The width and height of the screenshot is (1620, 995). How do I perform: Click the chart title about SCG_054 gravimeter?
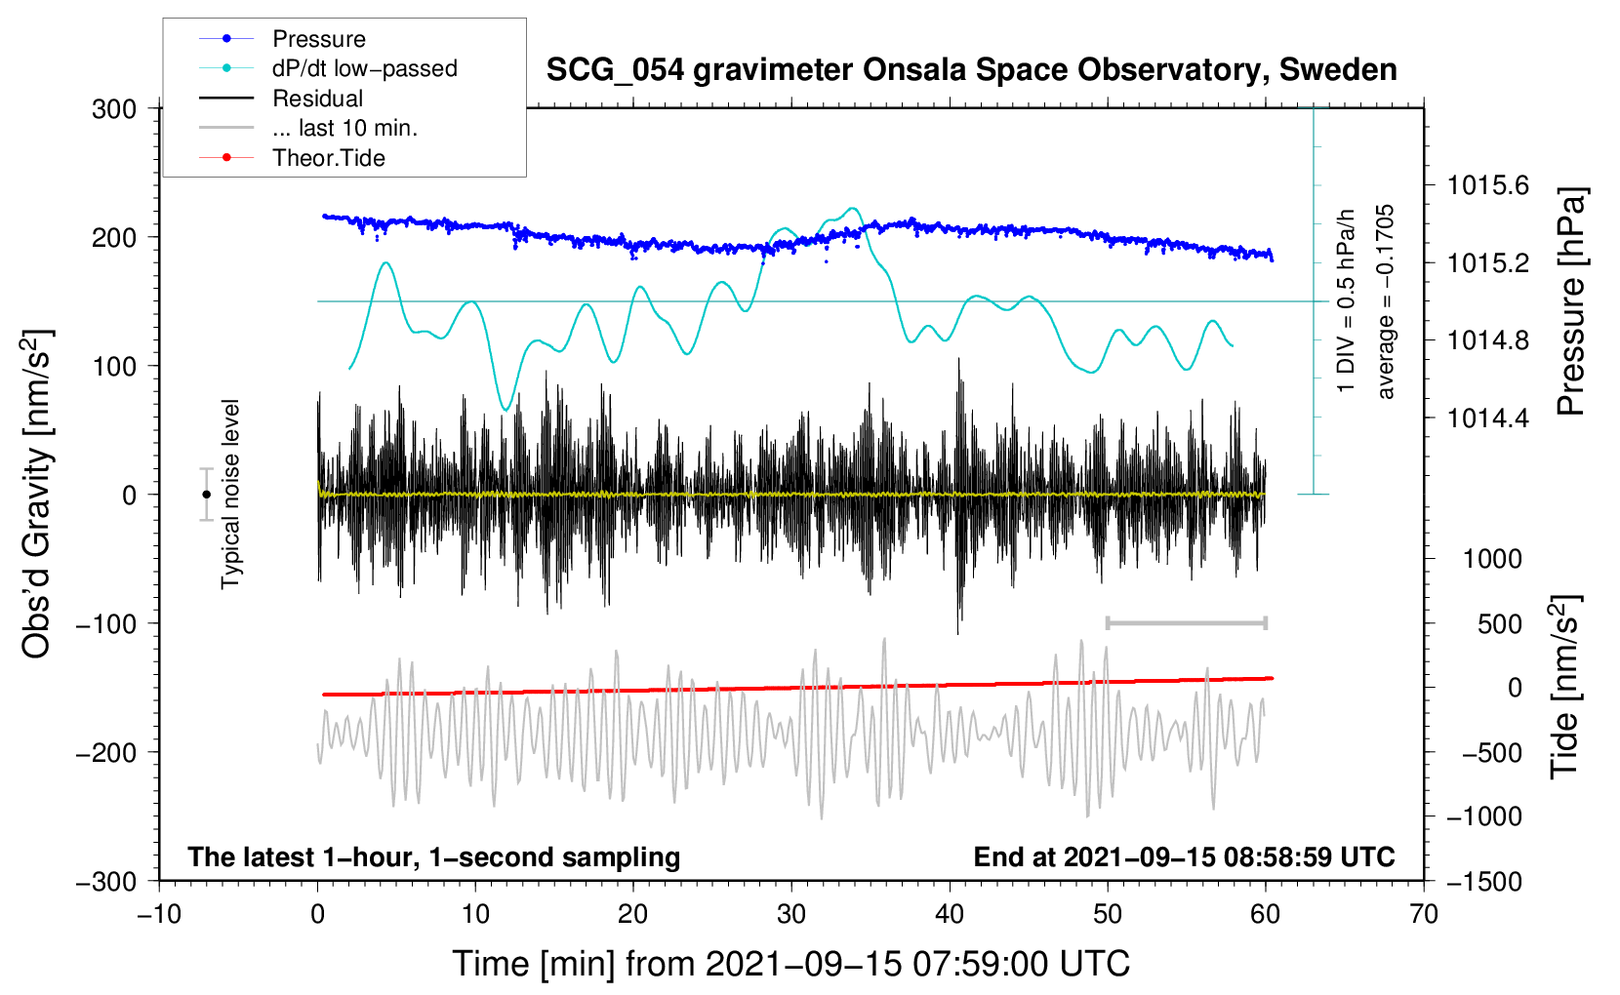[x=971, y=70]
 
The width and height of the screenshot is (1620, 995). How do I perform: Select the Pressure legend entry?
[x=318, y=39]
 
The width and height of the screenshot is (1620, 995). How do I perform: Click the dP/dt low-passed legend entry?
[x=364, y=68]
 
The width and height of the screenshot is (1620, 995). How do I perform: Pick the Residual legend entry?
[x=317, y=99]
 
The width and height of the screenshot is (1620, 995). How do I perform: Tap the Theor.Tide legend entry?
[x=328, y=158]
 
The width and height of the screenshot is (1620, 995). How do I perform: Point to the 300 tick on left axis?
[x=114, y=109]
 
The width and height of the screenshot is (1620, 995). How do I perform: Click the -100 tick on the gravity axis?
[x=106, y=623]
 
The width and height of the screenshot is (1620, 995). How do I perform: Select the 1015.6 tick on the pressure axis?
[x=1487, y=185]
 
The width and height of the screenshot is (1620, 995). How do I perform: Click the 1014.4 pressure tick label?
[x=1487, y=418]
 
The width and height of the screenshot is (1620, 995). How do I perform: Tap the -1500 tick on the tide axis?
[x=1484, y=881]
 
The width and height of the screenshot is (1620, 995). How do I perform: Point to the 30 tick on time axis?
[x=791, y=914]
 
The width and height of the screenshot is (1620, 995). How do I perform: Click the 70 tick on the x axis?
[x=1424, y=914]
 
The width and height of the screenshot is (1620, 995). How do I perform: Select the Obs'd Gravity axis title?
[x=37, y=495]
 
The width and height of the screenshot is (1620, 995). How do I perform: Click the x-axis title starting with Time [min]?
[x=790, y=964]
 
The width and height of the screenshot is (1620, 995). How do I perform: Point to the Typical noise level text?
[x=230, y=495]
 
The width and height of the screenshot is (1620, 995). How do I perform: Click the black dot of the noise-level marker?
[x=206, y=495]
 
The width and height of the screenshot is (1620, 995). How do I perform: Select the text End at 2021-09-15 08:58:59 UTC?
[x=1184, y=856]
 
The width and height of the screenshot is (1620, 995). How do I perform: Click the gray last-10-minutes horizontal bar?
[x=1186, y=623]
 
